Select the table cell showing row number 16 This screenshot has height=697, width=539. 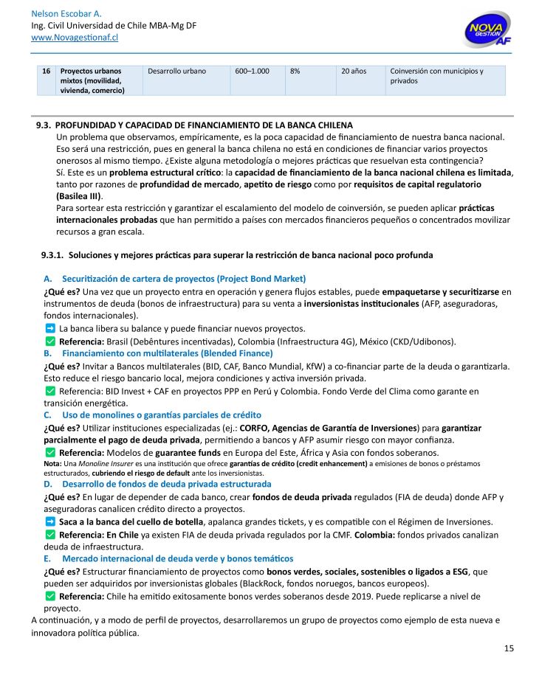coord(47,72)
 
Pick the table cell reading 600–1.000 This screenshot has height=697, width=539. coord(252,72)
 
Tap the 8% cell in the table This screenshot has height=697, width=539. coord(295,72)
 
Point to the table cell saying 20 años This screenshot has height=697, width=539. coord(354,72)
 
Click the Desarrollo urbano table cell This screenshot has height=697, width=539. coord(177,72)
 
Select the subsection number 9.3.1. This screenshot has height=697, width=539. coord(52,255)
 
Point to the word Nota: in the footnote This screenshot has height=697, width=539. coord(53,463)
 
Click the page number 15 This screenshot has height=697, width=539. coord(509,648)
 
